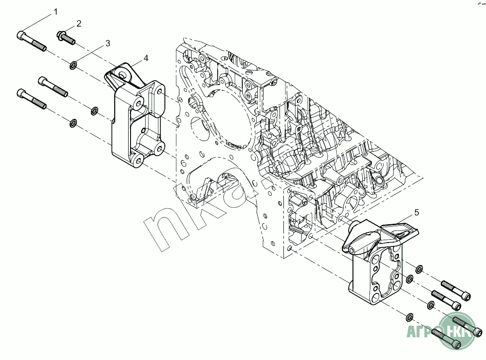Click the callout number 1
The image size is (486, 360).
point(56,11)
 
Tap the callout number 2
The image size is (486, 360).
point(78,23)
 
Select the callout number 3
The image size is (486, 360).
point(108,43)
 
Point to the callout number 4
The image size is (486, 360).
point(146,58)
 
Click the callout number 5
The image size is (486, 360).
point(416,212)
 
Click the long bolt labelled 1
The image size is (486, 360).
point(31,42)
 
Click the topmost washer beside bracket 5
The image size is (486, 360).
point(419,268)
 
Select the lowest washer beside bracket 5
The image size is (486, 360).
point(409,317)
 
